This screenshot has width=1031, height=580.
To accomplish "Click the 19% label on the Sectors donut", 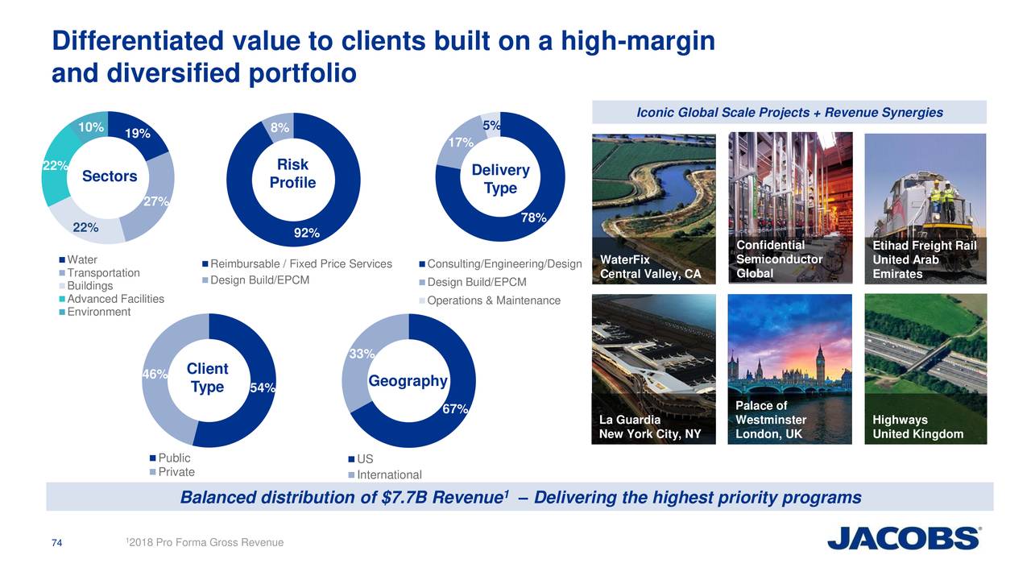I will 138,134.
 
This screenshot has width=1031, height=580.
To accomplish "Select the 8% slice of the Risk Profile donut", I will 279,127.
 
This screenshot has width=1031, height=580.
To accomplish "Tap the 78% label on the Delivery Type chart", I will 533,217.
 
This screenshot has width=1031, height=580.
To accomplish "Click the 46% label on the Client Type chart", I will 154,374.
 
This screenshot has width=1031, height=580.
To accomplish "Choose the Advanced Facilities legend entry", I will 115,299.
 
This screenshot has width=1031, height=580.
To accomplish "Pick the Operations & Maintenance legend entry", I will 493,300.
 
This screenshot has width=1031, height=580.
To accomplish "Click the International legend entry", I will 389,474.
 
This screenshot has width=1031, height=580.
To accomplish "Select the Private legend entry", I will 176,472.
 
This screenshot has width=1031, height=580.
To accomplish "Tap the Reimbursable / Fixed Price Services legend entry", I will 300,264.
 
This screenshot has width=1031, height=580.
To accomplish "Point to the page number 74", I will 57,543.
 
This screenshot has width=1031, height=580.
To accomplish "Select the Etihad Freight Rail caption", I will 924,259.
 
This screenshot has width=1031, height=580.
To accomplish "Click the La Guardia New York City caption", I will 650,427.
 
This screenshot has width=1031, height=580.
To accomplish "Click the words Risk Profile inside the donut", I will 292,174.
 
